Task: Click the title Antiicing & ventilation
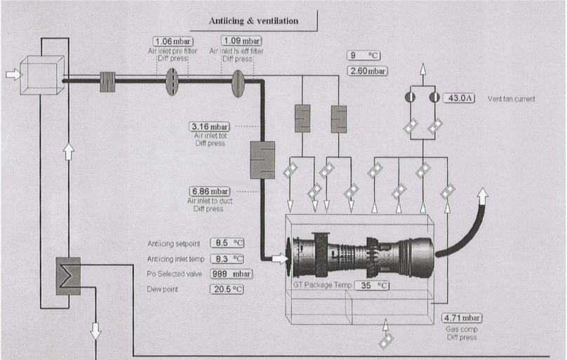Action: (253, 21)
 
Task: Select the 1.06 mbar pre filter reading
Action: (173, 41)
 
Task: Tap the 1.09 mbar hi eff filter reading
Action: (241, 41)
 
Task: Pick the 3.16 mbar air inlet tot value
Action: (209, 127)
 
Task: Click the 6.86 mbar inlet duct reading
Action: (209, 191)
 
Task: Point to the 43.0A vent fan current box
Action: (459, 98)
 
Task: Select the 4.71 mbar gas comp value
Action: (462, 318)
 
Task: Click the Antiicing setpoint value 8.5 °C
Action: (227, 243)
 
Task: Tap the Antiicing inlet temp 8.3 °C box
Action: (227, 259)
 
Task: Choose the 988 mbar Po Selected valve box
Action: (231, 274)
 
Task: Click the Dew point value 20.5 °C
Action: (227, 289)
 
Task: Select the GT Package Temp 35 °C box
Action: (372, 286)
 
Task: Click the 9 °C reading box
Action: (363, 55)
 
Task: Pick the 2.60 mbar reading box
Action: (368, 71)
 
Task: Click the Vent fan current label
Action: (512, 99)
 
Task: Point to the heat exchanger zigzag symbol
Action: (68, 276)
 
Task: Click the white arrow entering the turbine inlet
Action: (279, 258)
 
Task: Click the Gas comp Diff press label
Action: (462, 333)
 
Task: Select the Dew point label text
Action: (162, 289)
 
